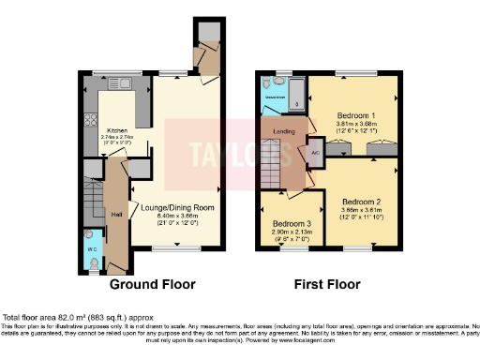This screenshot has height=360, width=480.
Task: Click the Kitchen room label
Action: pyautogui.click(x=117, y=130)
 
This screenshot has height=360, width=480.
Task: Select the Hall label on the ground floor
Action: pyautogui.click(x=116, y=214)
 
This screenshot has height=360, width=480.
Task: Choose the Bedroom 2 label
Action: pyautogui.click(x=361, y=202)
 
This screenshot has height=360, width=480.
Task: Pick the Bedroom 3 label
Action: pyautogui.click(x=292, y=224)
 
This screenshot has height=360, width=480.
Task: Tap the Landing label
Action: pyautogui.click(x=284, y=132)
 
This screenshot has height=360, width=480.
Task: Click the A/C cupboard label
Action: pyautogui.click(x=315, y=152)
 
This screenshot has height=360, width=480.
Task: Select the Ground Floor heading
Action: pyautogui.click(x=153, y=284)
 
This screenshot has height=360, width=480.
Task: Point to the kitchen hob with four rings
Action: pyautogui.click(x=91, y=119)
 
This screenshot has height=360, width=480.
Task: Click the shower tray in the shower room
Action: pyautogui.click(x=293, y=95)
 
